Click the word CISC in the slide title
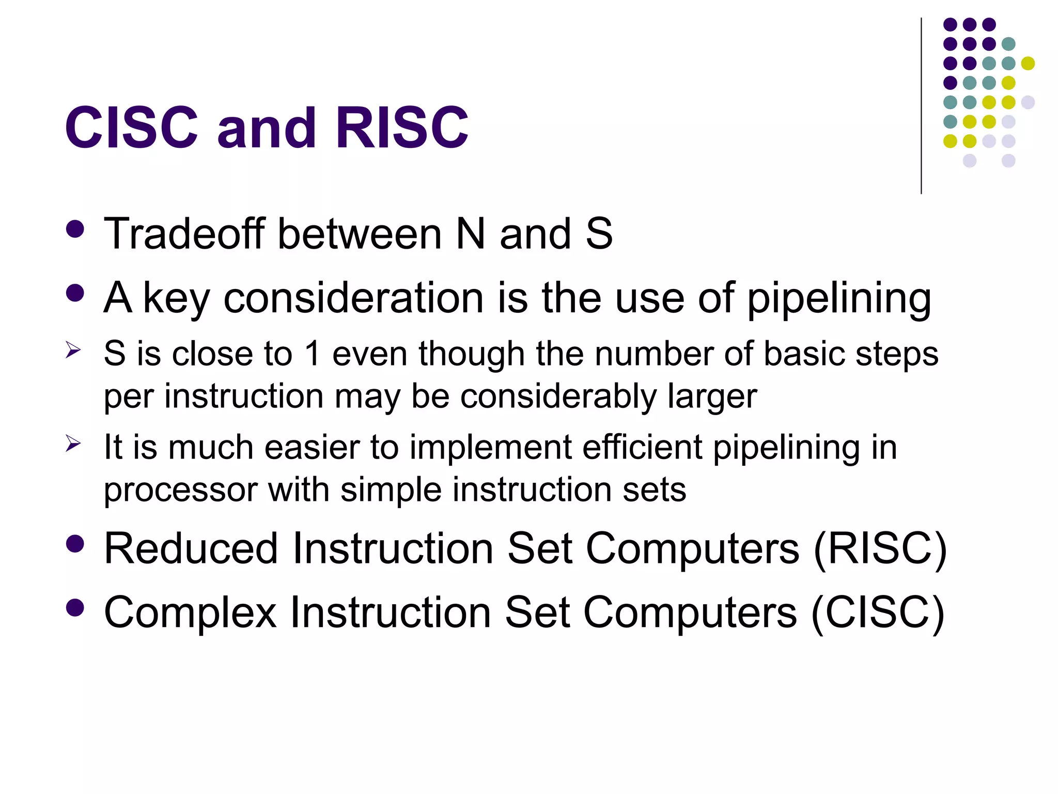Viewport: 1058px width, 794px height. pos(131,127)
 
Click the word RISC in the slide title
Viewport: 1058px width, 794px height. pos(402,127)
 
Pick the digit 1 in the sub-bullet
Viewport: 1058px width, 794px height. pos(312,354)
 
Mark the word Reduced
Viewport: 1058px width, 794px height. pos(191,548)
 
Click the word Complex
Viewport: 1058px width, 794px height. pos(190,612)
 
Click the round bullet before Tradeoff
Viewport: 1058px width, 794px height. pos(75,230)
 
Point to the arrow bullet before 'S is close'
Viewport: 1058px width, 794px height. pos(73,350)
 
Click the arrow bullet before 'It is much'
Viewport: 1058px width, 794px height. pos(73,444)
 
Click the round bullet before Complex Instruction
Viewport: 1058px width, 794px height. pos(75,608)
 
